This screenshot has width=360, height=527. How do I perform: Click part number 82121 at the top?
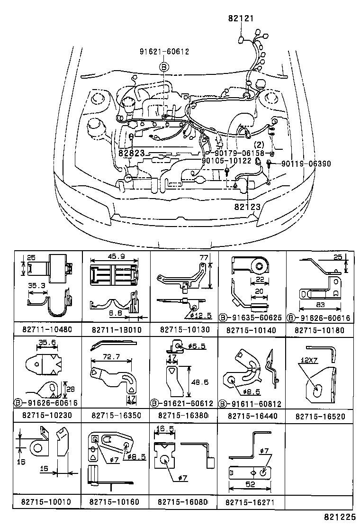tap(241, 18)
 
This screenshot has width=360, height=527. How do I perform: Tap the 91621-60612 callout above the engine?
tap(164, 52)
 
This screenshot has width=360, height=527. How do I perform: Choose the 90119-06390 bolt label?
tap(306, 164)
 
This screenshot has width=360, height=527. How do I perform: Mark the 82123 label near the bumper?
tap(247, 206)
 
